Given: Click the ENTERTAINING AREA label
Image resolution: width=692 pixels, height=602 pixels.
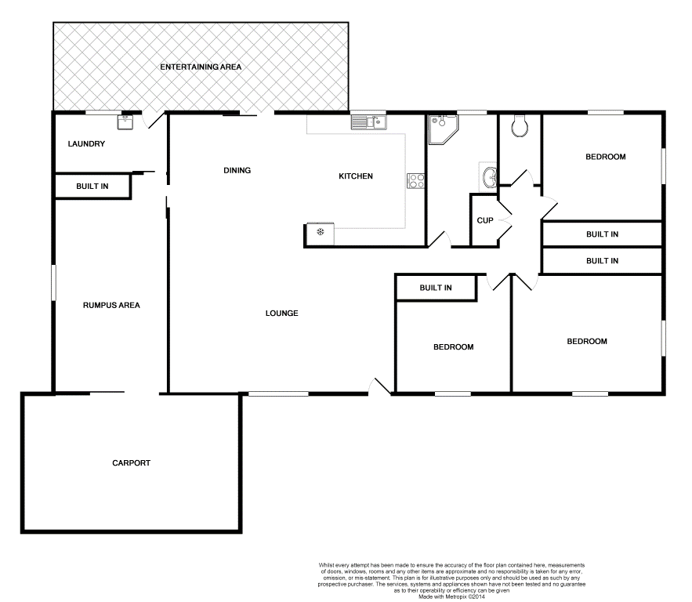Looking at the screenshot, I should [x=201, y=67].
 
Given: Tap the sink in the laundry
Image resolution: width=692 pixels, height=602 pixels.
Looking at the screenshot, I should [x=125, y=121].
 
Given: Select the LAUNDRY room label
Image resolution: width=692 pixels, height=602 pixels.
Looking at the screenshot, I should [x=86, y=144].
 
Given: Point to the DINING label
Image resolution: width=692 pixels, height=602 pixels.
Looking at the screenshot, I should [x=237, y=170].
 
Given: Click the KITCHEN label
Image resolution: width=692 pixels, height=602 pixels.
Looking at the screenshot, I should [x=355, y=176].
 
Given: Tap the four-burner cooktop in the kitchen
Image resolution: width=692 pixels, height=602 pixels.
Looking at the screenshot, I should [x=415, y=181].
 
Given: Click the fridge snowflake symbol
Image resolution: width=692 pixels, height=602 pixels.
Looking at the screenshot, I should [x=320, y=232].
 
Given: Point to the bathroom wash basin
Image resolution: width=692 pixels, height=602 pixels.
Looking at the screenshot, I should [x=490, y=176].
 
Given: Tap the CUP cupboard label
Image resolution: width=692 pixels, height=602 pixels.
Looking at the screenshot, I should [x=484, y=220].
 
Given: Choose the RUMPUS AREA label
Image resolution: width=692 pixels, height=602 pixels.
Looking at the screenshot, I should [x=111, y=305].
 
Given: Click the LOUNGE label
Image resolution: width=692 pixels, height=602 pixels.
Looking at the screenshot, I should [x=281, y=314].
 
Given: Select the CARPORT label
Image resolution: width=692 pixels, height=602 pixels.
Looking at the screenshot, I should [x=131, y=462].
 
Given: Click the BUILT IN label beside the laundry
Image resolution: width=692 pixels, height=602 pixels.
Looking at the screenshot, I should [x=92, y=187].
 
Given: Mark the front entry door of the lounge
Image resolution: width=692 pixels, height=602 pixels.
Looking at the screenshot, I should [x=379, y=386].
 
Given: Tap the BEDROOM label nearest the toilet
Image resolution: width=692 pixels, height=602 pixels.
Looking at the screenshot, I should [x=606, y=157].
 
